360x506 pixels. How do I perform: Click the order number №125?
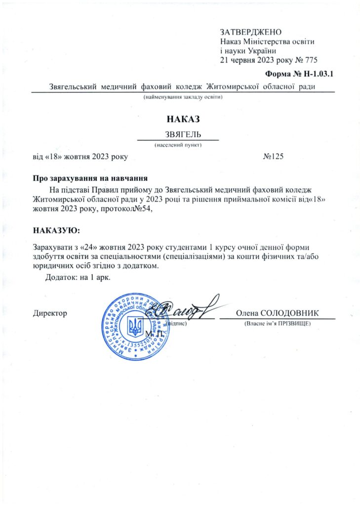pyautogui.click(x=274, y=157)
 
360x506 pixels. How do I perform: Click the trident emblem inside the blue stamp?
pyautogui.click(x=135, y=326)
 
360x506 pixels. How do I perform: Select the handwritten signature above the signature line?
pyautogui.click(x=188, y=309)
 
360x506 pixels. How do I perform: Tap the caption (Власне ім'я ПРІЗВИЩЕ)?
pyautogui.click(x=277, y=324)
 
